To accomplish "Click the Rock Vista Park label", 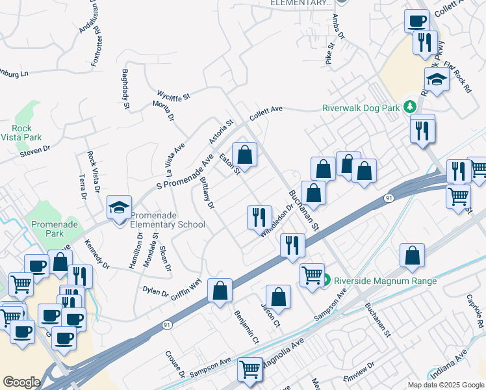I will (27, 133).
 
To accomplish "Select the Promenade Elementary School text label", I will (168, 220).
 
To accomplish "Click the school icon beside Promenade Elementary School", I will (120, 207).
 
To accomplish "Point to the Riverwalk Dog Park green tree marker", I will (409, 105).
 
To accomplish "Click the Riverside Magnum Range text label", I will (385, 281).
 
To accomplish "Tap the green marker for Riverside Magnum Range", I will (326, 281).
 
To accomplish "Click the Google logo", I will (21, 382).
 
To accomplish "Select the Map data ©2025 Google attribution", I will (445, 385).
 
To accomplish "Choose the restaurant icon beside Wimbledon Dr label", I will (259, 216).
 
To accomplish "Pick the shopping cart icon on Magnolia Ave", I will (250, 369).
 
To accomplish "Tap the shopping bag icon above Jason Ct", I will (278, 297).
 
